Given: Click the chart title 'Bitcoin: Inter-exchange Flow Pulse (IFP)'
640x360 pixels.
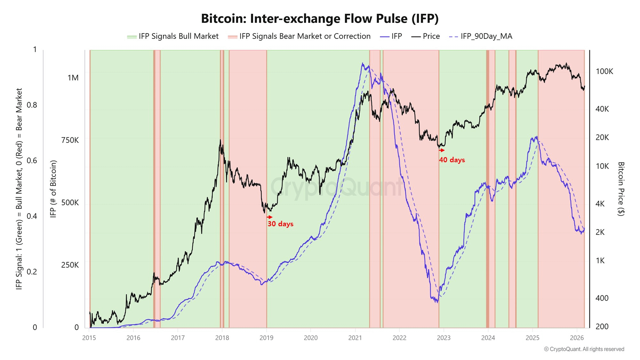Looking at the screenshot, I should click(320, 19).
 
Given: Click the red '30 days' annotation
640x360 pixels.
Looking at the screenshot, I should click(280, 224).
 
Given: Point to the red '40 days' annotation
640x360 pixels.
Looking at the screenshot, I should click(452, 160).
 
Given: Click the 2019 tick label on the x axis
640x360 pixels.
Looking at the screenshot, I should click(266, 338).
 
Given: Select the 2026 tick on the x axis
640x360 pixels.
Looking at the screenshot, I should click(577, 338).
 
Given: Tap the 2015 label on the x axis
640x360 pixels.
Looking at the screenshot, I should click(89, 338).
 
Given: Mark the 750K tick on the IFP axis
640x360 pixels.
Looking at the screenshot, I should click(70, 140).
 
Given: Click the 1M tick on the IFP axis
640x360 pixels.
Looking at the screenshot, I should click(73, 78).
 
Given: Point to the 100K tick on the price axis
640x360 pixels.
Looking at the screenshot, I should click(604, 71).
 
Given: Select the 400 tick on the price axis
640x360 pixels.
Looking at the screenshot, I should click(602, 298).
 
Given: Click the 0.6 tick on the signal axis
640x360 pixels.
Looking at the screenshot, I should click(32, 161).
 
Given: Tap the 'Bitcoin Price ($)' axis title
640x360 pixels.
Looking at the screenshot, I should click(621, 189).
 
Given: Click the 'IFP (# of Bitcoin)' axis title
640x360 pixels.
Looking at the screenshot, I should click(53, 189).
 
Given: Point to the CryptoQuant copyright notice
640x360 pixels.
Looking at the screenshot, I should click(584, 349).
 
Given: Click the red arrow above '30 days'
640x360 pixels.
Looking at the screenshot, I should click(270, 217).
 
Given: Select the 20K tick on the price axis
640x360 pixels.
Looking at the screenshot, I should click(602, 138).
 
